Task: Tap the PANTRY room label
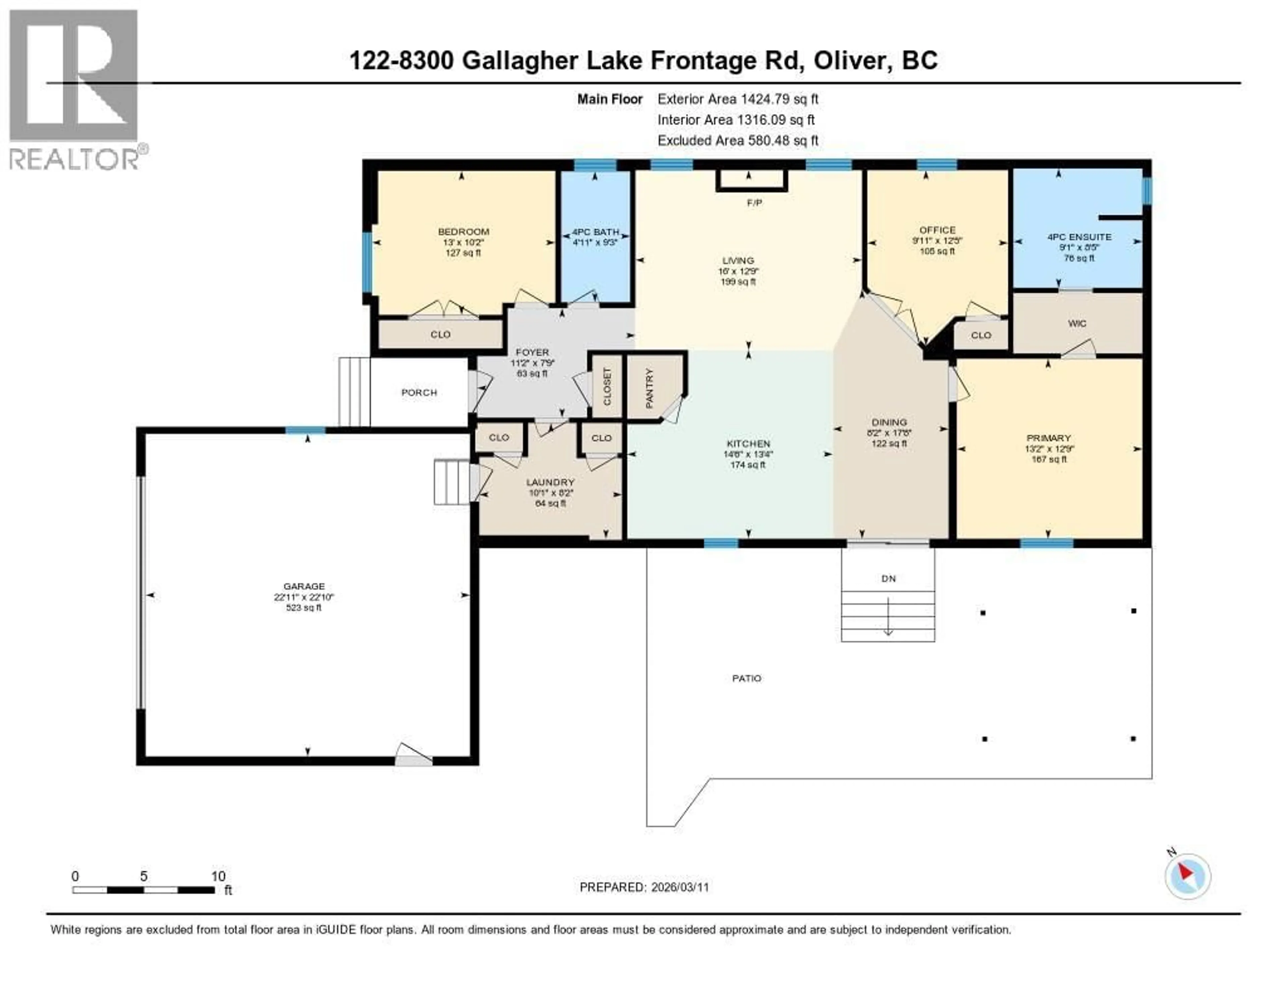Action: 650,388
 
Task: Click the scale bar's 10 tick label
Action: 218,876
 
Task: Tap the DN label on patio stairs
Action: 888,579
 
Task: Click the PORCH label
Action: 419,392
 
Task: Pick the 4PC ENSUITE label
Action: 1079,237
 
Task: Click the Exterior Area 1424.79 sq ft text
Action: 738,99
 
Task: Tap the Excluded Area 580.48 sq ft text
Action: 738,140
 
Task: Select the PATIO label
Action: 747,678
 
